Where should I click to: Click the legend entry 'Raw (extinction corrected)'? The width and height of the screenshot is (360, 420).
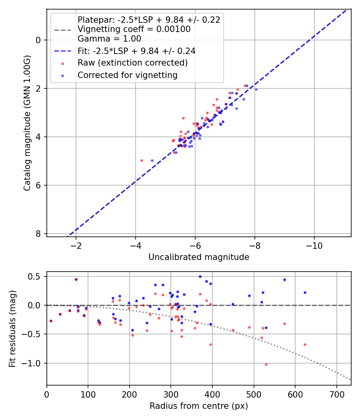pyautogui.click(x=132, y=63)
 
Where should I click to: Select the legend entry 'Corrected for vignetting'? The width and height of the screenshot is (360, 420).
pyautogui.click(x=128, y=75)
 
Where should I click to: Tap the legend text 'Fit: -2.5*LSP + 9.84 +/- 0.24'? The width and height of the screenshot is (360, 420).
pyautogui.click(x=136, y=51)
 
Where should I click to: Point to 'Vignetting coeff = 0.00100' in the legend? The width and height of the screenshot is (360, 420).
pyautogui.click(x=134, y=29)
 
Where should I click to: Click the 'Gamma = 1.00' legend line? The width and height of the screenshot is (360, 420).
pyautogui.click(x=109, y=39)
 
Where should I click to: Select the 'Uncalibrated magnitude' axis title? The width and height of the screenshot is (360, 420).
pyautogui.click(x=199, y=257)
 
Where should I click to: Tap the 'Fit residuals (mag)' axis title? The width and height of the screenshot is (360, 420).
pyautogui.click(x=12, y=328)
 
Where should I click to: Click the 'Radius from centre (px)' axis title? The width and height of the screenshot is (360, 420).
pyautogui.click(x=199, y=406)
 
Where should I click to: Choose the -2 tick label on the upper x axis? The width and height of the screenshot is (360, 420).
pyautogui.click(x=76, y=245)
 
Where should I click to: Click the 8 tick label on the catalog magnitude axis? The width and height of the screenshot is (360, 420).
pyautogui.click(x=38, y=234)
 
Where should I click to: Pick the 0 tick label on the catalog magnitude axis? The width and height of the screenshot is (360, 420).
pyautogui.click(x=38, y=40)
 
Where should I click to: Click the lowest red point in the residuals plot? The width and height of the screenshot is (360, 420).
pyautogui.click(x=266, y=364)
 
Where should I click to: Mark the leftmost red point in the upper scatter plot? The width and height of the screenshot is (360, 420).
pyautogui.click(x=142, y=160)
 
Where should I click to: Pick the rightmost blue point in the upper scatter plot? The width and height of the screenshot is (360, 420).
pyautogui.click(x=256, y=89)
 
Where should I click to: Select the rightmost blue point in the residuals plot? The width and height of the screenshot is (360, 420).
pyautogui.click(x=305, y=292)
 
